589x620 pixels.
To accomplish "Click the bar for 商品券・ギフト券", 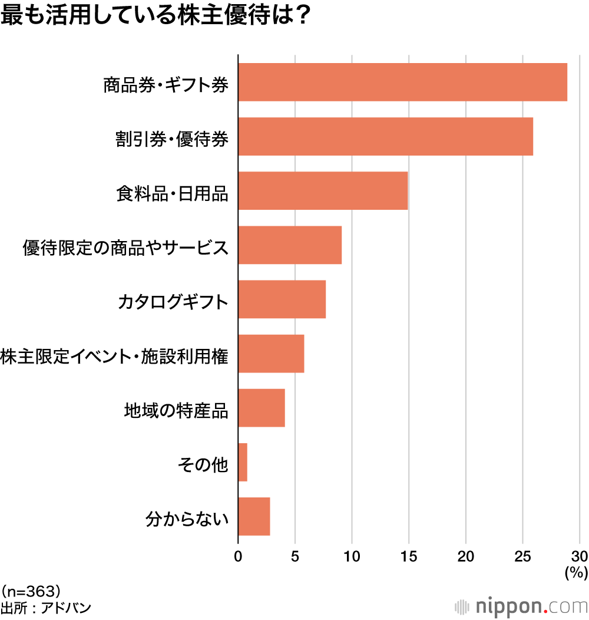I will (x=403, y=83).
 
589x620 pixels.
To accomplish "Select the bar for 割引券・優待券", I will (x=386, y=137).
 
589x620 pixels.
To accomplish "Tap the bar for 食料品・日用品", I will (x=323, y=191).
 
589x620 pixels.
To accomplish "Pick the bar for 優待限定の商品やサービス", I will (x=290, y=245).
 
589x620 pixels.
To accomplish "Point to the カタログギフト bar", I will (x=282, y=299).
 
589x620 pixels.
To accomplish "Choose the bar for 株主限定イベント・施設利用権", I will (x=271, y=354).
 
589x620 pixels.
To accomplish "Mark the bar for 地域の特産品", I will (x=262, y=408).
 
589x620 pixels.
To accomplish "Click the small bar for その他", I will (x=243, y=462).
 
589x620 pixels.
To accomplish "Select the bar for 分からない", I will (x=254, y=516).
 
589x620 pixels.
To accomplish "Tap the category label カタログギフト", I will (x=173, y=302).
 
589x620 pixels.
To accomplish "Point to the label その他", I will (x=203, y=465).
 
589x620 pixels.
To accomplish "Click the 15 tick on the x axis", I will (x=409, y=556).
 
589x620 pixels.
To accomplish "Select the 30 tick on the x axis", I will (x=580, y=556).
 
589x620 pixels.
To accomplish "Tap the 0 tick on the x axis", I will (x=238, y=556).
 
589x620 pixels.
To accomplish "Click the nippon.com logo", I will (x=522, y=606).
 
